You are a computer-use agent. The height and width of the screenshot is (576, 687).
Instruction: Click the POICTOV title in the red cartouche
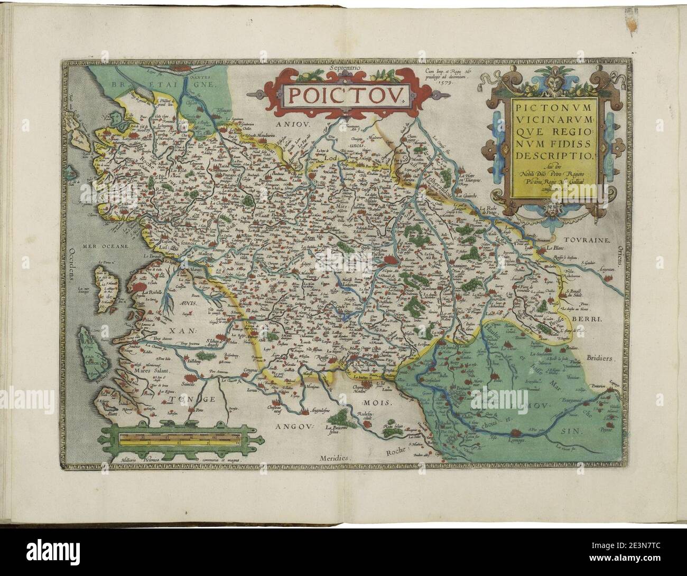coord(343,95)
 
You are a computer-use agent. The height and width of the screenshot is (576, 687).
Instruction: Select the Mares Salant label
coord(143,371)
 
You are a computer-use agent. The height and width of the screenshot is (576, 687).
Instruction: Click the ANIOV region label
coord(296,125)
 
